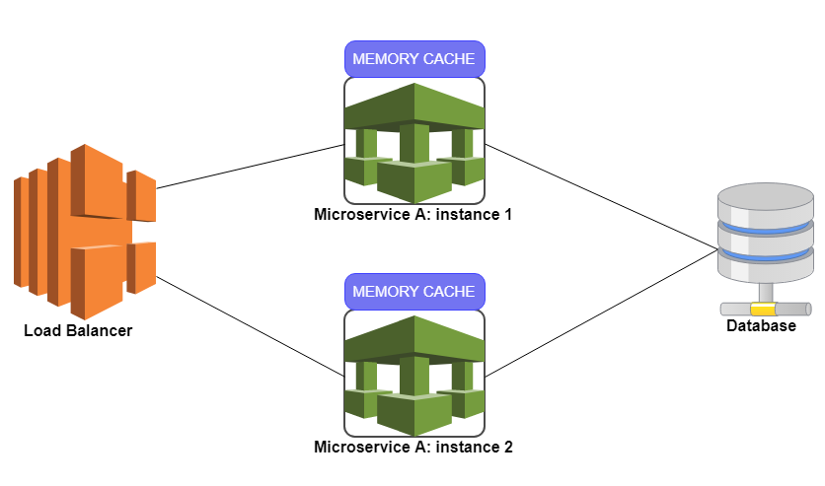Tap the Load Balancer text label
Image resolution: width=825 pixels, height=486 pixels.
click(x=78, y=330)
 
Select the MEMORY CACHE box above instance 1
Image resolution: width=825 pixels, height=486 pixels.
click(x=413, y=59)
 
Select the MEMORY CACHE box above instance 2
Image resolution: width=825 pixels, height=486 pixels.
click(x=413, y=292)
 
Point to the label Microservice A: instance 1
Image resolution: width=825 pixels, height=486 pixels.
click(x=413, y=214)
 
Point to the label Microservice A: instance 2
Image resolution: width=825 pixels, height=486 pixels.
click(x=413, y=447)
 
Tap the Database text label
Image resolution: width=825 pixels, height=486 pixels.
click(x=761, y=326)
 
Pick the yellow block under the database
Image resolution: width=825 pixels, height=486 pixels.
click(x=763, y=310)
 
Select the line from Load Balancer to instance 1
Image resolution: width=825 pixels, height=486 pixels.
click(x=247, y=167)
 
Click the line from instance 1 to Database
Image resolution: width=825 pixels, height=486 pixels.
click(x=602, y=196)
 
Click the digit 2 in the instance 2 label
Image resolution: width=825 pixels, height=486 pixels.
click(x=508, y=447)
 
